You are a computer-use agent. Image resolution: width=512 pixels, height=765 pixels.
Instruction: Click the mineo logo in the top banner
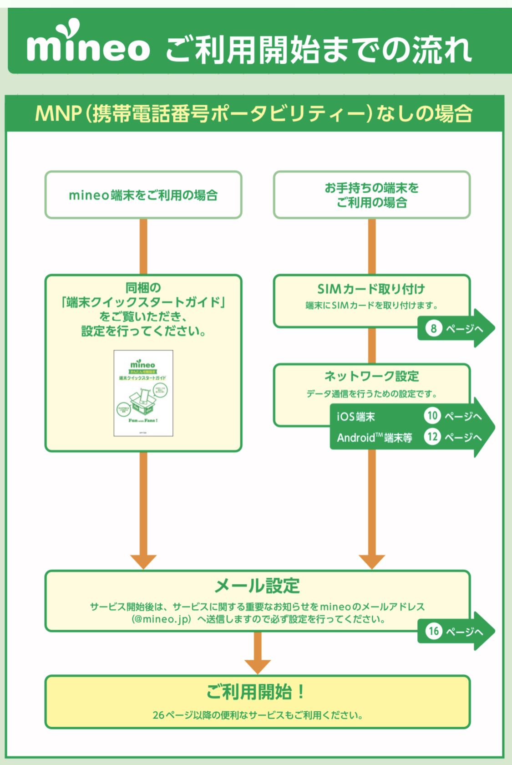pyautogui.click(x=88, y=43)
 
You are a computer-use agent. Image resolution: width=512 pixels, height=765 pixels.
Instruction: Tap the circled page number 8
pyautogui.click(x=433, y=328)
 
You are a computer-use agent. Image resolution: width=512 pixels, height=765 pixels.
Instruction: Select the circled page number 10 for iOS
pyautogui.click(x=432, y=416)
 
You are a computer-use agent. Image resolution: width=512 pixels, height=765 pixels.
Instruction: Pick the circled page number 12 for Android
pyautogui.click(x=432, y=437)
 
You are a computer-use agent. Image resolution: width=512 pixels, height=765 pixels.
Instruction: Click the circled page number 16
pyautogui.click(x=434, y=631)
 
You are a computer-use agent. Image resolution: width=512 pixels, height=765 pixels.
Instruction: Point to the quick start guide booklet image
pyautogui.click(x=143, y=393)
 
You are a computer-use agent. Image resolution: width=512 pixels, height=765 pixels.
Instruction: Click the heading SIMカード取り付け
pyautogui.click(x=371, y=289)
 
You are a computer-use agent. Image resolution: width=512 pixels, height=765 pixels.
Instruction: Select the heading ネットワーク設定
pyautogui.click(x=371, y=376)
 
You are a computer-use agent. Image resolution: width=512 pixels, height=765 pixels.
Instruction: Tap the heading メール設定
pyautogui.click(x=257, y=586)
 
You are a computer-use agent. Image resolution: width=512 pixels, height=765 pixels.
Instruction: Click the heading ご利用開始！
pyautogui.click(x=256, y=692)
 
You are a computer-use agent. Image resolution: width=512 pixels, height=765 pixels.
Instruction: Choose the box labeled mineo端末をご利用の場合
pyautogui.click(x=143, y=195)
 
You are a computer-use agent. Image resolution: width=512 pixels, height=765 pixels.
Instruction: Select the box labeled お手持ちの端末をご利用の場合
pyautogui.click(x=371, y=195)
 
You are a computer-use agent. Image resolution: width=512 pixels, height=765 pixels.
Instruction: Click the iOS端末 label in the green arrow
pyautogui.click(x=356, y=417)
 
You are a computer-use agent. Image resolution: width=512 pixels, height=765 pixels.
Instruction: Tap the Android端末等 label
pyautogui.click(x=374, y=438)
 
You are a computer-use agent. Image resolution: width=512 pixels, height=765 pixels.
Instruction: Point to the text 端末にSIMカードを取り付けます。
pyautogui.click(x=371, y=306)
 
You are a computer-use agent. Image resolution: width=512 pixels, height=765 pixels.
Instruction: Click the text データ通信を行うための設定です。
pyautogui.click(x=371, y=394)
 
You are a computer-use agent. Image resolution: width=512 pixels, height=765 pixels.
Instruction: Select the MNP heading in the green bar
pyautogui.click(x=254, y=113)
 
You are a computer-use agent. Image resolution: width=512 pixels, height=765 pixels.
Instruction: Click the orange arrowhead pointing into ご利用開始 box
pyautogui.click(x=258, y=666)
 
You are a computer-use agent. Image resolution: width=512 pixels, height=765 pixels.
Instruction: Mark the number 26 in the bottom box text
pyautogui.click(x=158, y=715)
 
